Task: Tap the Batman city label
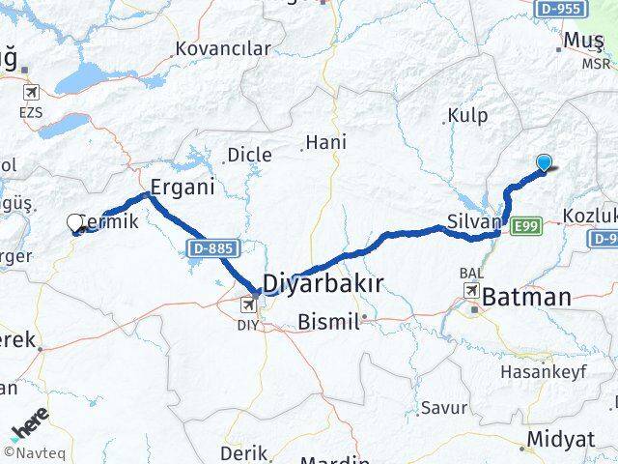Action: [x=528, y=297]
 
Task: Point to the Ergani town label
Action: [x=182, y=187]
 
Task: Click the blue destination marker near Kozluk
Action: [x=546, y=163]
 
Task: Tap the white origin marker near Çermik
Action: [x=75, y=223]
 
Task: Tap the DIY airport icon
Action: [x=250, y=305]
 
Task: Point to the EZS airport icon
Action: [x=31, y=93]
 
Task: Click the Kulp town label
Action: [x=468, y=116]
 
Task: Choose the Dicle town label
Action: [x=249, y=155]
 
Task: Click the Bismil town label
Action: [x=328, y=320]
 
